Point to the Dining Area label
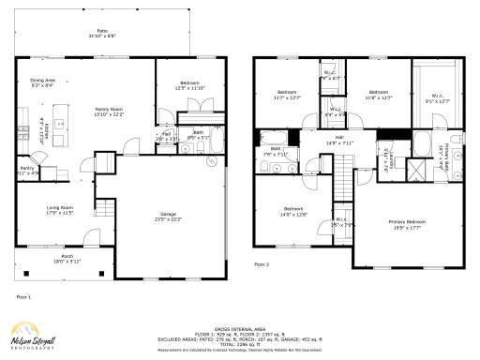coord(43,82)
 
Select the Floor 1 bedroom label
coord(188,85)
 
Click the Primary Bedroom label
coord(408,223)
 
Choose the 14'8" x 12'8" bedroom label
coord(292,211)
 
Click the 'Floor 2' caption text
coord(262,265)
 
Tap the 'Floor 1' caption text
coord(23,296)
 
